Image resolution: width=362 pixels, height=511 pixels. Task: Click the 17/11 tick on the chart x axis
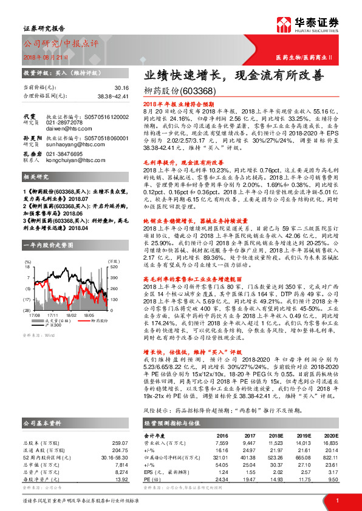click(x=53, y=315)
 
